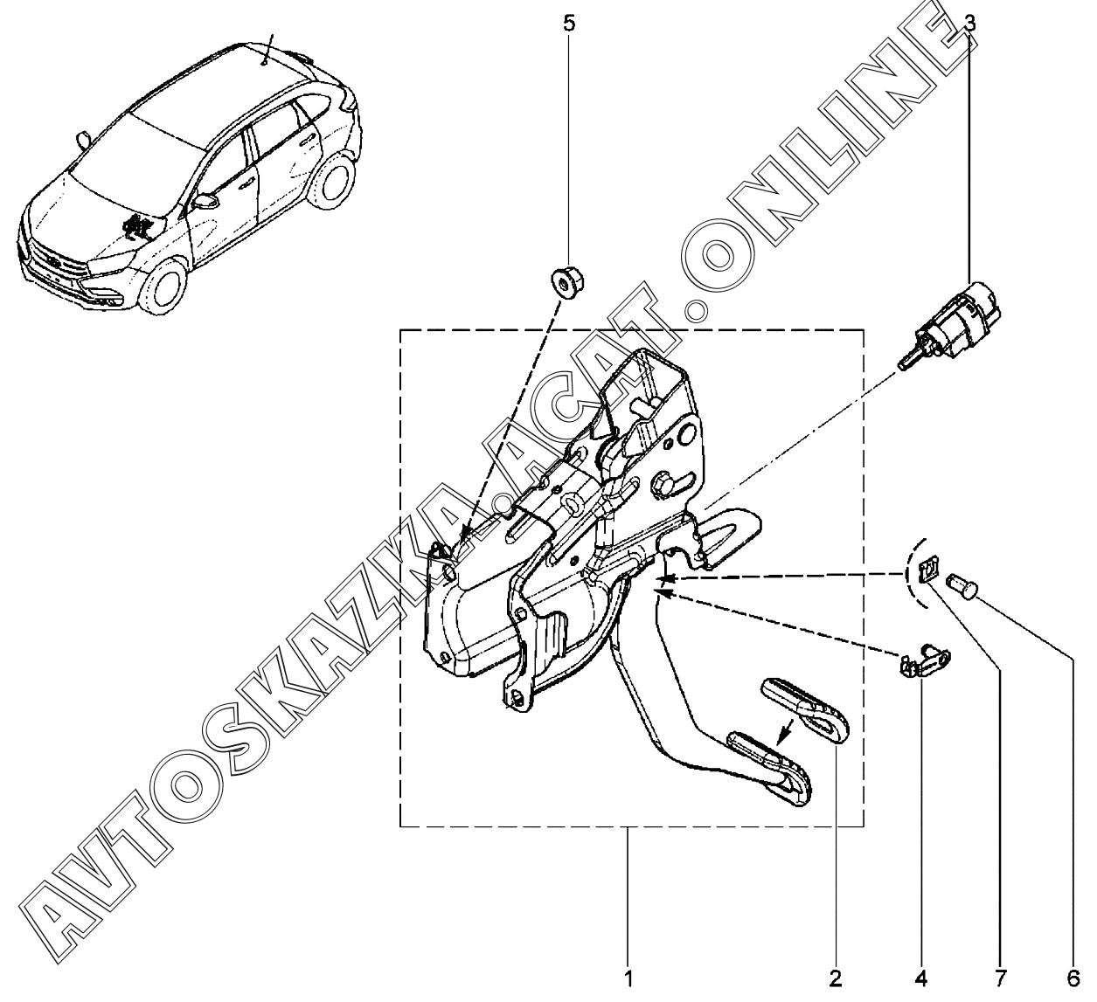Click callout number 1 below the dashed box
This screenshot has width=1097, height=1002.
coord(628,978)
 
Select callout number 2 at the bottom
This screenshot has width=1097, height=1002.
coord(835,978)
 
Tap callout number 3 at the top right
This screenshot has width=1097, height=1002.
coord(970,23)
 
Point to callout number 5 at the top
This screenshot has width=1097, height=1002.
coord(569,23)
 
